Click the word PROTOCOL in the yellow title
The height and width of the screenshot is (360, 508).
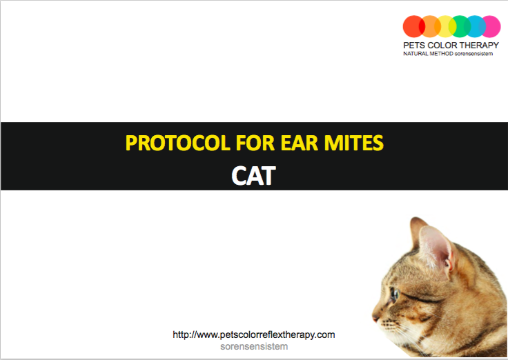[177, 143]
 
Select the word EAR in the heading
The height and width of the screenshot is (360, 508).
[299, 143]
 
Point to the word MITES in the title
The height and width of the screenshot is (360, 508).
[354, 143]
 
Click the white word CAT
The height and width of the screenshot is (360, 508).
[254, 176]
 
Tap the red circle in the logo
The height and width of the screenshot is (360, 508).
[413, 26]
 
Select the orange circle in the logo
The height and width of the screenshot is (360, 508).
[429, 26]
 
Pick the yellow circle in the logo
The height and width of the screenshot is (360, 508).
[445, 26]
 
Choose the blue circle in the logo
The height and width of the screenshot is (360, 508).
[475, 26]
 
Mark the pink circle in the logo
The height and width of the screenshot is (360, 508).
[490, 26]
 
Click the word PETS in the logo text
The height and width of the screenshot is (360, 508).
[413, 46]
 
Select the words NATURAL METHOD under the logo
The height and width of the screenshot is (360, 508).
[428, 54]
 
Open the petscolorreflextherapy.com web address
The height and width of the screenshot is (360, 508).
[254, 334]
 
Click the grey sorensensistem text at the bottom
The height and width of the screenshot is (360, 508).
[254, 346]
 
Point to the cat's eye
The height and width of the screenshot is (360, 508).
[394, 294]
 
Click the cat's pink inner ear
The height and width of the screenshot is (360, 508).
[433, 248]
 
